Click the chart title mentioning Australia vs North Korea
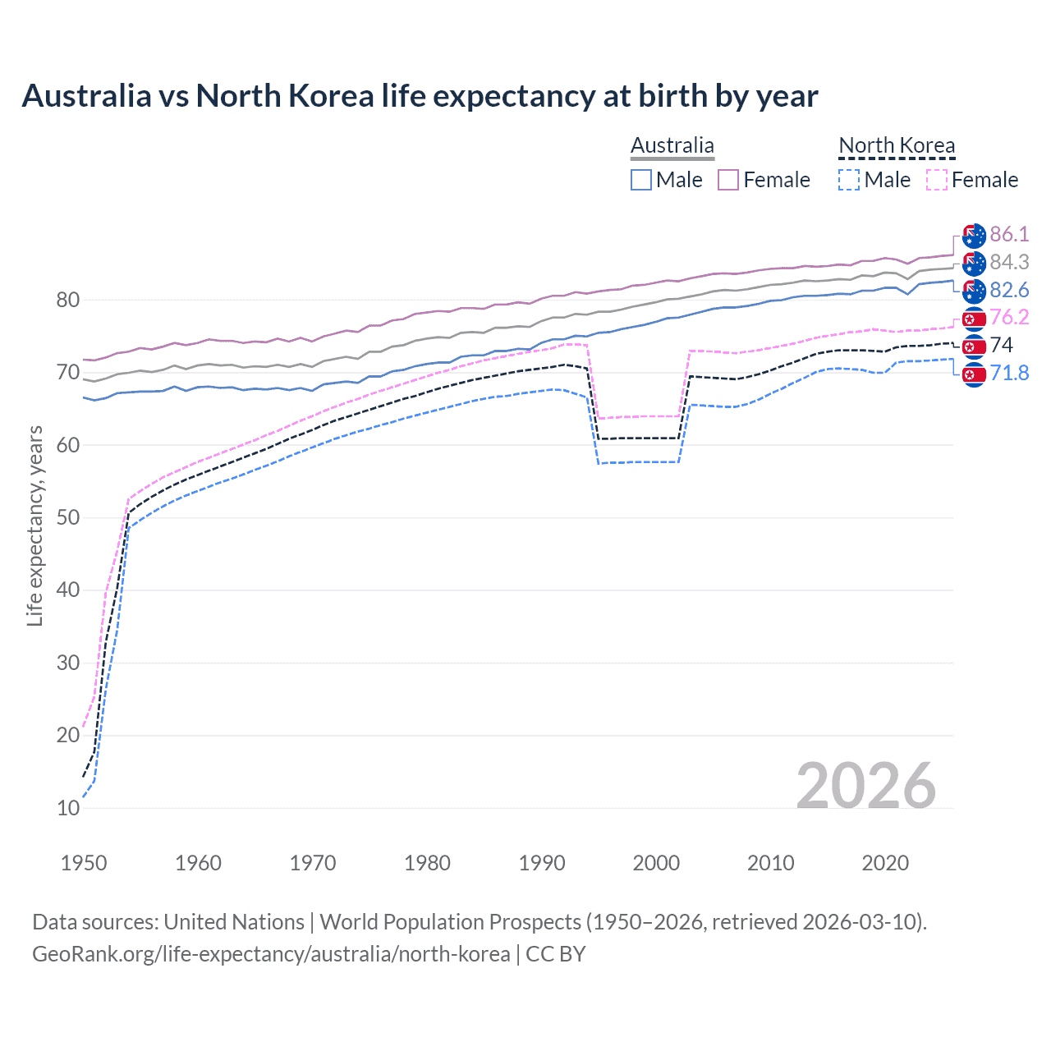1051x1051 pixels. coord(420,96)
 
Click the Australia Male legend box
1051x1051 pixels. coord(641,180)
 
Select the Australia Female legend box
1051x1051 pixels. coord(728,180)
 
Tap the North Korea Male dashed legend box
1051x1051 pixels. coord(849,180)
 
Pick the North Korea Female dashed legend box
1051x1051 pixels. coord(936,180)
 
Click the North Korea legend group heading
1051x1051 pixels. coord(897,146)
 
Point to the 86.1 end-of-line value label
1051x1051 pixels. coord(1009,234)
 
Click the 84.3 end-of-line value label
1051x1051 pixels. coord(1009,262)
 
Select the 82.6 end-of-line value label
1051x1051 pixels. coord(1009,290)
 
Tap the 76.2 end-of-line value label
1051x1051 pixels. coord(1009,317)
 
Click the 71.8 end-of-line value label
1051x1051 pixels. coord(1009,373)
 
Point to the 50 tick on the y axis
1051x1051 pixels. coord(68,517)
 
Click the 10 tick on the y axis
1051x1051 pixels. coord(68,808)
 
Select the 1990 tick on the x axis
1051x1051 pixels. coord(542,863)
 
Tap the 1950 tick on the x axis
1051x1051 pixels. coord(84,863)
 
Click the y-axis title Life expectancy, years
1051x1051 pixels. coord(34,525)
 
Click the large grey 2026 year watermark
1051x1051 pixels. coord(865,786)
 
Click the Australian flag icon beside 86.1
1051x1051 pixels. coord(974,235)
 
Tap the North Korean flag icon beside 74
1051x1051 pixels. coord(974,346)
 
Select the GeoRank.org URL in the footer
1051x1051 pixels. coord(271,954)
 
